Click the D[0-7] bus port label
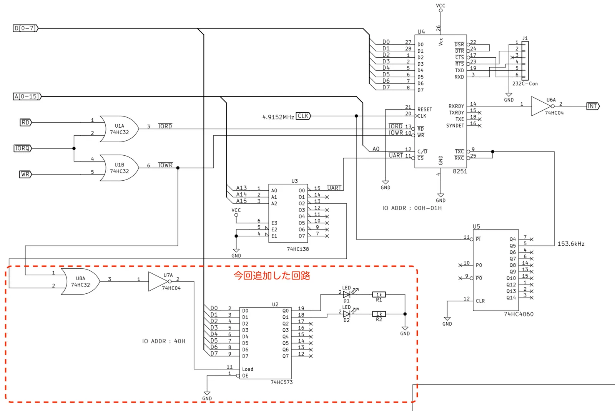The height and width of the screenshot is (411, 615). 25,28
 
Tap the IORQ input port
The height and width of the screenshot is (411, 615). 23,148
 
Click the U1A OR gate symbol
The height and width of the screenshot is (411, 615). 119,129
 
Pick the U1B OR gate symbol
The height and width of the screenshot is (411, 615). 119,168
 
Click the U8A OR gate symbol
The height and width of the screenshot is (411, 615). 80,281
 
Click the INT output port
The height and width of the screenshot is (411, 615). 593,106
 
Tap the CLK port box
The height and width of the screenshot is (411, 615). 303,116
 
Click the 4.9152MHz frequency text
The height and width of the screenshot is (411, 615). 278,117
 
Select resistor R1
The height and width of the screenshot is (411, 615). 379,295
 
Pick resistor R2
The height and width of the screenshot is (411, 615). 379,314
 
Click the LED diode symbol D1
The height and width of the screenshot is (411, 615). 347,295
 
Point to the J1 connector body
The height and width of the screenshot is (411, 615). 525,61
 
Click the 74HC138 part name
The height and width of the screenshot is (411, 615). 298,249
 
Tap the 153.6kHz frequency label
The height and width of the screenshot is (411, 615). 571,244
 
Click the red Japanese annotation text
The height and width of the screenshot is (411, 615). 272,275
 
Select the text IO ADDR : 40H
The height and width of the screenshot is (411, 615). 164,341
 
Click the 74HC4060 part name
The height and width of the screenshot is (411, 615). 519,314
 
